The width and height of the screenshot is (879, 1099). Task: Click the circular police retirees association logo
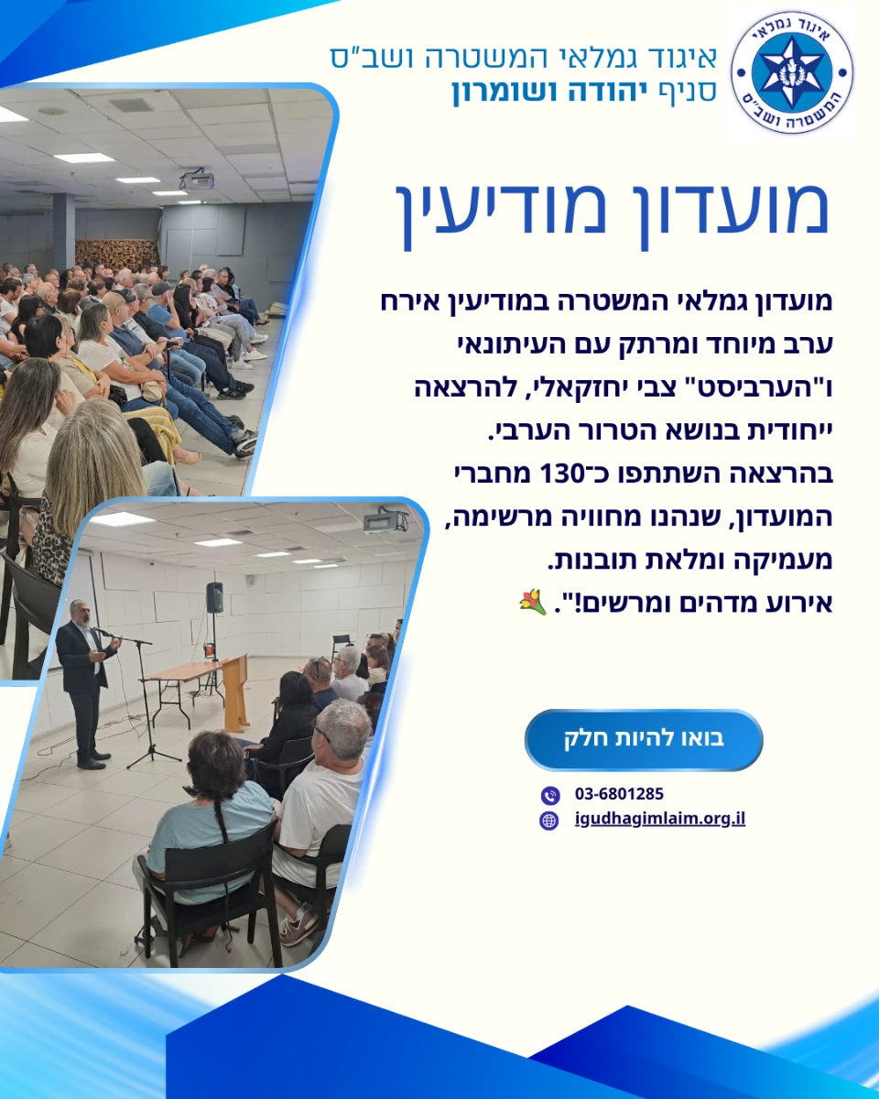click(792, 72)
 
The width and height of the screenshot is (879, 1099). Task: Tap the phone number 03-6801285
click(619, 794)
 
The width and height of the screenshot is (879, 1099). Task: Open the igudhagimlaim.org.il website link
click(660, 819)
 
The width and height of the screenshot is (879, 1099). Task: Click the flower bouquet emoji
click(533, 602)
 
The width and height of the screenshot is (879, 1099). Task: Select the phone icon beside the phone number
click(550, 795)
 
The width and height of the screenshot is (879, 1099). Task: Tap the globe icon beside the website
click(549, 821)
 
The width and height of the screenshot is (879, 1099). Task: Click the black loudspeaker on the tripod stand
click(214, 597)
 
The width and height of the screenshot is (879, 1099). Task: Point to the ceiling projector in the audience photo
click(197, 180)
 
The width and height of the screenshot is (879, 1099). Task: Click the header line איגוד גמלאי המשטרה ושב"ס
click(524, 58)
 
